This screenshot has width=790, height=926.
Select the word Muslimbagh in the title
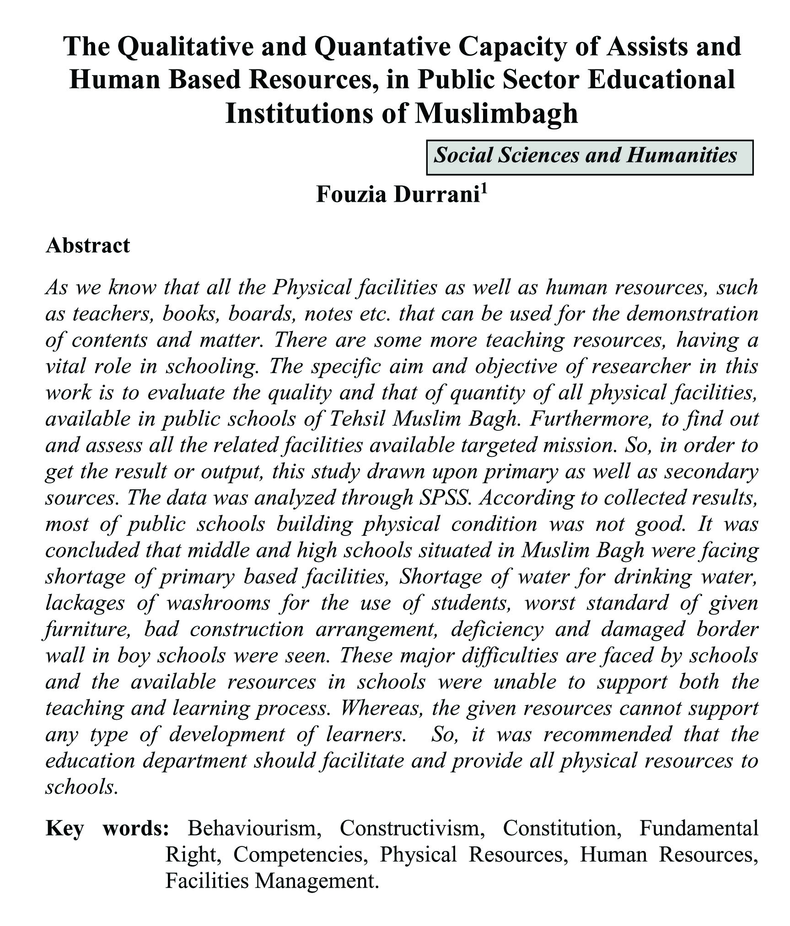[x=496, y=113]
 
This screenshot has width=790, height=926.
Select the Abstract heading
[x=88, y=246]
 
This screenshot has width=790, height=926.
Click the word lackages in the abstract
[x=85, y=603]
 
